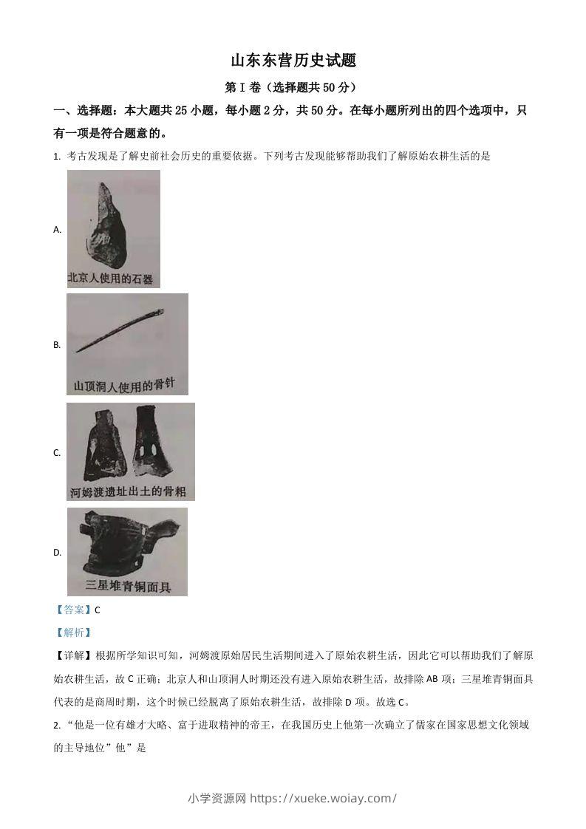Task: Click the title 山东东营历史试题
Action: point(293,61)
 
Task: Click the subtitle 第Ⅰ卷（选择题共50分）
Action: point(293,87)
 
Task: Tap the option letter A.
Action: point(57,230)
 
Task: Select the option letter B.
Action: point(57,345)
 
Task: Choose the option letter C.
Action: point(57,453)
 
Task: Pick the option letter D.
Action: point(57,553)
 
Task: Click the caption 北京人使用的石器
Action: point(110,279)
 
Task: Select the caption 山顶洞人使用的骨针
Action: point(126,385)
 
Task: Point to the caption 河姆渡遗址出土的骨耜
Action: point(129,491)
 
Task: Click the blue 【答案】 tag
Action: point(73,610)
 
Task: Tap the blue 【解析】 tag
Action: point(73,632)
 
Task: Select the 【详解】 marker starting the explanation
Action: point(74,655)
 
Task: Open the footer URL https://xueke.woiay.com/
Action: point(324,798)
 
